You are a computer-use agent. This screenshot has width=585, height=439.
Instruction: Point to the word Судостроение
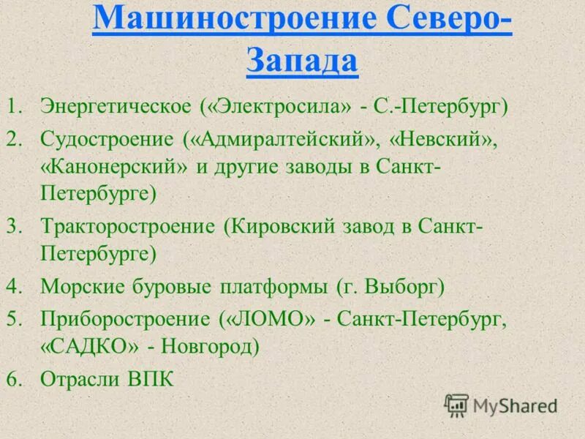coord(106,139)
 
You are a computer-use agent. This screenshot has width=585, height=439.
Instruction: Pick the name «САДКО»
coord(90,345)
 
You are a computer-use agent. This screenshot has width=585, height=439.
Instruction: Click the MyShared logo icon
coord(457,405)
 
